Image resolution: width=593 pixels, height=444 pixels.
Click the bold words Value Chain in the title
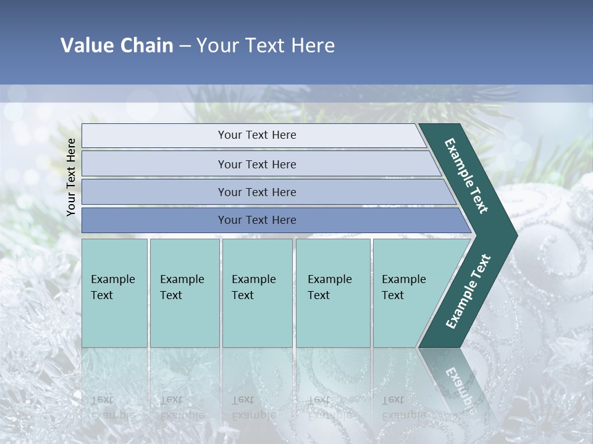click(117, 46)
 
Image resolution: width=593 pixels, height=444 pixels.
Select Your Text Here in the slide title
click(266, 46)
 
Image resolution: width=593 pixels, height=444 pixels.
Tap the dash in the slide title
click(185, 46)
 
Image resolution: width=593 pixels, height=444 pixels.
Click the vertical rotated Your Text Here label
click(71, 177)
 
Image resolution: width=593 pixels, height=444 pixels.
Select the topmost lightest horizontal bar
click(256, 135)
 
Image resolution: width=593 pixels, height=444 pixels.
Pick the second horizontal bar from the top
click(256, 164)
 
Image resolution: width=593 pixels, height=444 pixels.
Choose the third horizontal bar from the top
click(256, 192)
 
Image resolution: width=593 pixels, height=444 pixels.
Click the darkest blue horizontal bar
click(256, 220)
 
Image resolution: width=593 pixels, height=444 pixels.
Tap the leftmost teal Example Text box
click(114, 293)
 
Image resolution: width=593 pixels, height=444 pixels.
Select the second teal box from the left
click(184, 293)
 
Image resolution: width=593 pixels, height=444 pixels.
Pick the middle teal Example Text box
click(257, 293)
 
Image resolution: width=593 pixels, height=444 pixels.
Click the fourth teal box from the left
click(333, 293)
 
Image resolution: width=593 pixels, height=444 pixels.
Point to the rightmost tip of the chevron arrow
click(516, 235)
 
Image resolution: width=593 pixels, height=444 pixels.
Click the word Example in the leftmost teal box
click(112, 279)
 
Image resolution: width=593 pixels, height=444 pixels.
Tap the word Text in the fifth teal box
click(392, 295)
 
